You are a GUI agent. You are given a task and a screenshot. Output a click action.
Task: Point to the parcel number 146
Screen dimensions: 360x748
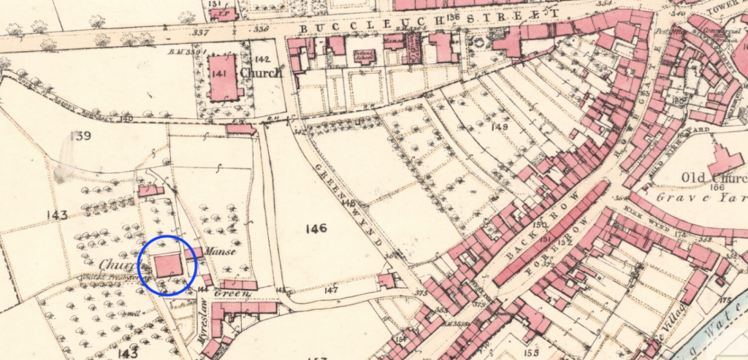coord(317,229)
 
